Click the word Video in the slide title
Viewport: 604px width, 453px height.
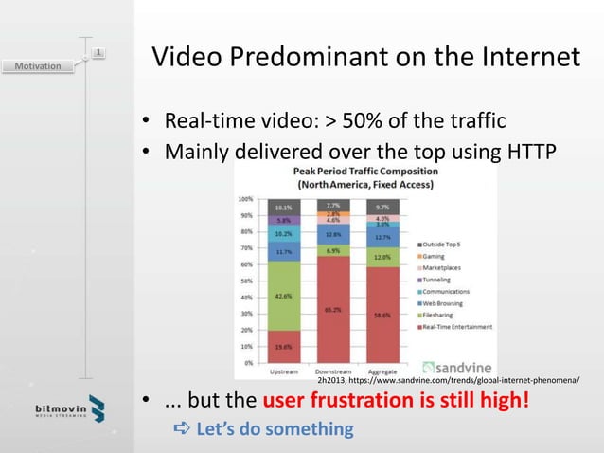(x=184, y=59)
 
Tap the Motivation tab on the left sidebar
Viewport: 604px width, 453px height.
(x=38, y=66)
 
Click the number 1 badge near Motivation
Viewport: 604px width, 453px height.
(x=98, y=51)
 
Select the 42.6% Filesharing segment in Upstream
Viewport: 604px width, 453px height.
(x=283, y=296)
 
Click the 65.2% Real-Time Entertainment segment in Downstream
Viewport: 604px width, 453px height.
(x=333, y=309)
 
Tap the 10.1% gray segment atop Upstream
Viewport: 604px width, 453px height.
(x=283, y=207)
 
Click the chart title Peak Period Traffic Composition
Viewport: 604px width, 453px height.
(x=364, y=172)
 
